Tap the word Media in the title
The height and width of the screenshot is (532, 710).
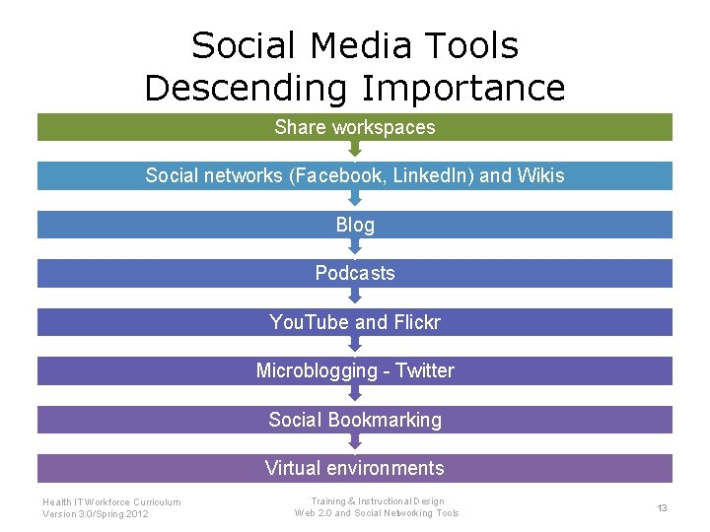(x=348, y=45)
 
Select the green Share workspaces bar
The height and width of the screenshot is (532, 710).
(x=355, y=127)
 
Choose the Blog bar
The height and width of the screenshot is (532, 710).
(x=355, y=225)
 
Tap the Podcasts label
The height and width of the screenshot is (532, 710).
(x=355, y=273)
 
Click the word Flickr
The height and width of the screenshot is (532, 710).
(x=417, y=322)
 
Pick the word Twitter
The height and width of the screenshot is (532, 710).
(x=425, y=370)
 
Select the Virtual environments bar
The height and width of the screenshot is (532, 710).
(x=355, y=468)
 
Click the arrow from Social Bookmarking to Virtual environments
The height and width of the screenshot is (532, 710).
(x=355, y=444)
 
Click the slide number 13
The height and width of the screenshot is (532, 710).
(x=663, y=507)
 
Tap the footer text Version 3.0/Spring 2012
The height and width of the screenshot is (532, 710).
(x=96, y=513)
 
